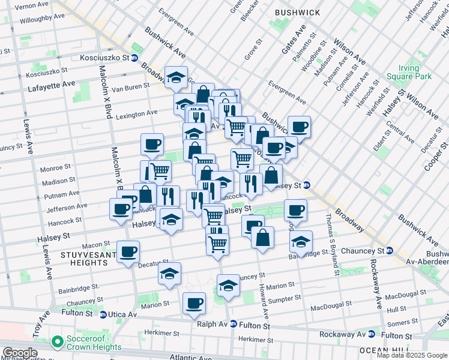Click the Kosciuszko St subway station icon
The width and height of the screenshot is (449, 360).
134,58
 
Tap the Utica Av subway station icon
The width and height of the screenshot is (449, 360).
103,314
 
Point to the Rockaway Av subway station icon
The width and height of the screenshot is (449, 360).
372,335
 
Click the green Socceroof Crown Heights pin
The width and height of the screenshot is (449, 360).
58,342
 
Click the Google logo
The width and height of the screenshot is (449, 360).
20,353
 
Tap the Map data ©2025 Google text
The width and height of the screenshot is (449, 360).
412,355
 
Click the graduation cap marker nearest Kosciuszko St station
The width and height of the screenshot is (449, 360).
175,76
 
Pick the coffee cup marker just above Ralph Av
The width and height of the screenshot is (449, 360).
194,303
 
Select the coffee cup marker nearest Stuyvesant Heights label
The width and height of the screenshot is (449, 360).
127,251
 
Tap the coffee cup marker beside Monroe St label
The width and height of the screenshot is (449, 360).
152,144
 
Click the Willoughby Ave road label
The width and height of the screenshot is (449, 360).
42,20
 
